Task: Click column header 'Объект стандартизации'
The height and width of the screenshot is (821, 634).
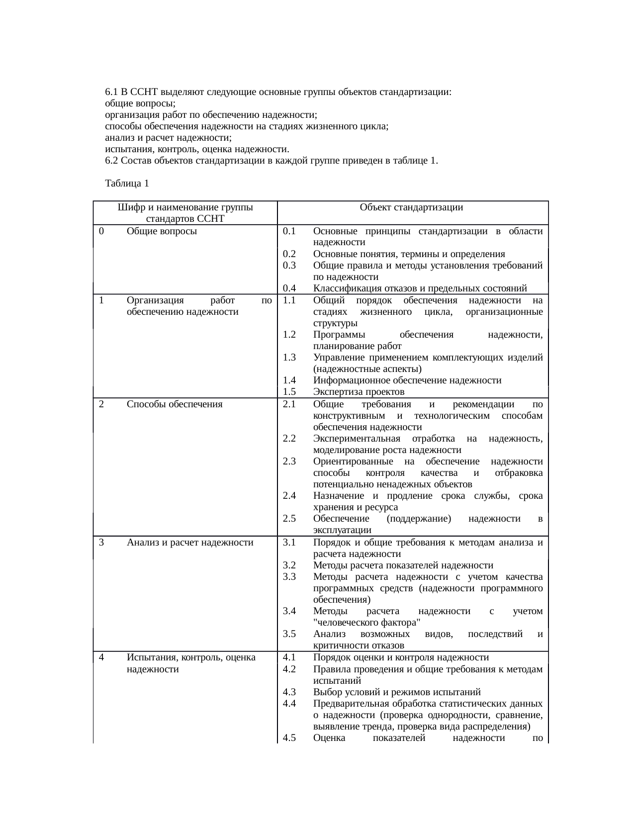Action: [411, 207]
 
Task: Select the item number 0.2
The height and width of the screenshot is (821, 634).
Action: [289, 254]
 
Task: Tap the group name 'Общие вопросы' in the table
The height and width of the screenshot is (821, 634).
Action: [162, 231]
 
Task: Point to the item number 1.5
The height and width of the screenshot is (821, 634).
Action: [289, 391]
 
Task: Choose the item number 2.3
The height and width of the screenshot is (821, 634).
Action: [289, 461]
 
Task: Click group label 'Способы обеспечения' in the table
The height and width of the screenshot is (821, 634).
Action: [174, 404]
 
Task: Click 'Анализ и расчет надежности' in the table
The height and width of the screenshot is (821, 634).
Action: [190, 542]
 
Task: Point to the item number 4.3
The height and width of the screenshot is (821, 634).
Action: [289, 692]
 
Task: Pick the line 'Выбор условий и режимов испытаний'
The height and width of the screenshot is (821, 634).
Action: [397, 692]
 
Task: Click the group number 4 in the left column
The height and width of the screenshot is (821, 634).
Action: [101, 657]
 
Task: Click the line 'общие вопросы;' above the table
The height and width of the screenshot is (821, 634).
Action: [140, 103]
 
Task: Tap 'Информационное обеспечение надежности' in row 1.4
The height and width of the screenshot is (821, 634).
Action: [407, 380]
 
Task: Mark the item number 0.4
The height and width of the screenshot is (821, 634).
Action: [289, 288]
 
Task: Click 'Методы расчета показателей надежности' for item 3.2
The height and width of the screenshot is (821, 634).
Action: [403, 565]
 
